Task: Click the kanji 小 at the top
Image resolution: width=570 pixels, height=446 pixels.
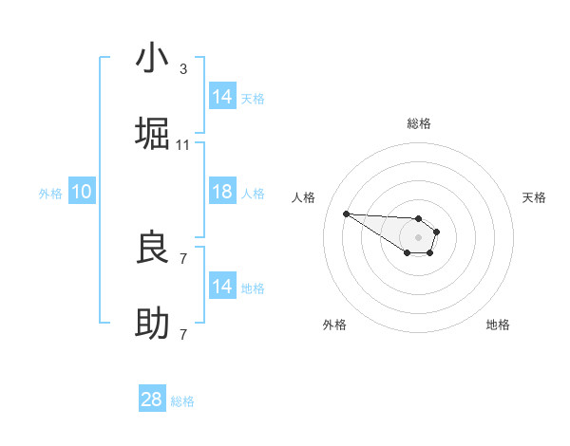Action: pos(152,59)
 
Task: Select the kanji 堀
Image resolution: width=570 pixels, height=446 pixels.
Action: pos(152,135)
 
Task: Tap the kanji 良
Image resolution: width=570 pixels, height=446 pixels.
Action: pos(152,249)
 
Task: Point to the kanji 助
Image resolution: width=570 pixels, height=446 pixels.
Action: pos(152,325)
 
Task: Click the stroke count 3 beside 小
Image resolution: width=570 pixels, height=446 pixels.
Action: pos(183,69)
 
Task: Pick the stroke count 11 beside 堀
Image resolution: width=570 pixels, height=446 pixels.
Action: pos(183,145)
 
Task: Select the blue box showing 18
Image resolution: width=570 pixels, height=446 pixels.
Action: pos(221,192)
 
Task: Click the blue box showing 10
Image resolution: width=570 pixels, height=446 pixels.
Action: pos(81,192)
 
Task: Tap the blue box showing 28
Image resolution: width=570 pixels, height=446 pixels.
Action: pos(152,400)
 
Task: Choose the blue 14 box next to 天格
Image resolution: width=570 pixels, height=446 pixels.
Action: pos(221,97)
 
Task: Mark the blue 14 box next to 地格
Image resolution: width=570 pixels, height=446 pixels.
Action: pos(221,287)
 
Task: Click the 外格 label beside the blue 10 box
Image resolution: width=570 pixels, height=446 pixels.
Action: pos(50,193)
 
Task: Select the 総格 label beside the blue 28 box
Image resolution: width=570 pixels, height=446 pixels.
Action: pos(182,401)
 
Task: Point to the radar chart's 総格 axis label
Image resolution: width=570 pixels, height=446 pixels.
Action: pos(419,123)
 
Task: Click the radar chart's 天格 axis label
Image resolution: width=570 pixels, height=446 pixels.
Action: pos(534,197)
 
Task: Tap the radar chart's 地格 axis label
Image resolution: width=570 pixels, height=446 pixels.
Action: pos(498,325)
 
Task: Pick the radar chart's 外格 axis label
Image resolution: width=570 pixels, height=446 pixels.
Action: pos(334,325)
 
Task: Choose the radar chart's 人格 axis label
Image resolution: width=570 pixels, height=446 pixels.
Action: pos(304,197)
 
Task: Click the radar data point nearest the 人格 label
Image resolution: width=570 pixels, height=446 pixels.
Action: pos(346,214)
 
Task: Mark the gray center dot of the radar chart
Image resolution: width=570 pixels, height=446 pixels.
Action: pos(418,236)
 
